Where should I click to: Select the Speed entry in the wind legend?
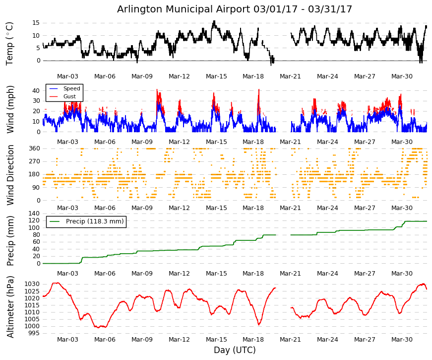(x=71, y=88)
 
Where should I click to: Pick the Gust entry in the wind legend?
(x=69, y=96)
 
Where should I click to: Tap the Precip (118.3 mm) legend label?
(x=95, y=221)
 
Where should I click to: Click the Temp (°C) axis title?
(x=9, y=44)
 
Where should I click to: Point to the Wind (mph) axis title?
(x=10, y=110)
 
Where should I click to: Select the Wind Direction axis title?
(x=10, y=175)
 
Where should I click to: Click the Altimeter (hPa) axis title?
(x=10, y=307)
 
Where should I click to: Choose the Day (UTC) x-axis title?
(x=235, y=350)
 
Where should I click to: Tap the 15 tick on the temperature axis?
(x=36, y=23)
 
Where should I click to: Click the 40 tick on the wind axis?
(x=36, y=90)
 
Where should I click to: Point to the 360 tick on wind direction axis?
(x=34, y=148)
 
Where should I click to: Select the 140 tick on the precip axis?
(x=34, y=213)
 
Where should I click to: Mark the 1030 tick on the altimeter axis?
(x=32, y=284)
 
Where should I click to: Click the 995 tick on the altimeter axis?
(x=34, y=333)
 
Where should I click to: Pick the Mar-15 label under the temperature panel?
(x=216, y=76)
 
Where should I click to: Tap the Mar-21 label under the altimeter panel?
(x=290, y=340)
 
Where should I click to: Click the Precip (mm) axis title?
(x=10, y=241)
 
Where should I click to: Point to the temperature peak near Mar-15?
(x=214, y=21)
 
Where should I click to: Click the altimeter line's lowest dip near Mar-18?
(x=259, y=324)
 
